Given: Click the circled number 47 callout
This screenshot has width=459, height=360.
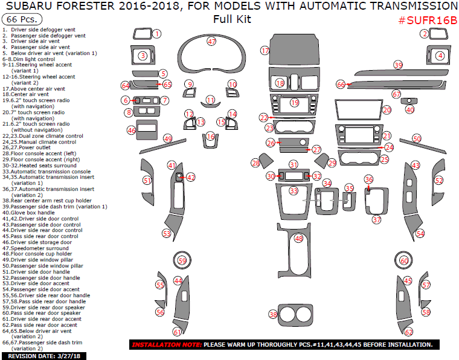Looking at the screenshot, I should (211, 42).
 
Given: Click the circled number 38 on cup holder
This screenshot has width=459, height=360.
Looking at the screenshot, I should (273, 315).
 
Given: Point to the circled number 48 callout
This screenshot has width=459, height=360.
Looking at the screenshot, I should (298, 239).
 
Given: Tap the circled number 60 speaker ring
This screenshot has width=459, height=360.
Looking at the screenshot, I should (404, 261).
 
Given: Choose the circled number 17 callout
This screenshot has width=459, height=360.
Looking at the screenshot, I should (265, 51).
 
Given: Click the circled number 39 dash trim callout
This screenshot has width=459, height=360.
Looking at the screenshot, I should (398, 65).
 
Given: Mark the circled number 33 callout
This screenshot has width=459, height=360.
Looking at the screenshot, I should (294, 190).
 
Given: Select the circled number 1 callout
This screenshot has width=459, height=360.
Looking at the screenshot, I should (156, 34).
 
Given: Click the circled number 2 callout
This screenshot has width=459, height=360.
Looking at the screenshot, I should (425, 34).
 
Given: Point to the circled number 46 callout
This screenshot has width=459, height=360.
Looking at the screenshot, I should (131, 130).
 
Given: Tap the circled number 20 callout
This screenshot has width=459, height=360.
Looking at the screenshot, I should (387, 110).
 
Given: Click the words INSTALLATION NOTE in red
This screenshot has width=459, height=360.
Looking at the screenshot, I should (166, 345).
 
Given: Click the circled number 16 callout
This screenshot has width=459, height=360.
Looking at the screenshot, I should (210, 137).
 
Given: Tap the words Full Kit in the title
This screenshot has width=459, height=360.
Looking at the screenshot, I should (232, 19).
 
